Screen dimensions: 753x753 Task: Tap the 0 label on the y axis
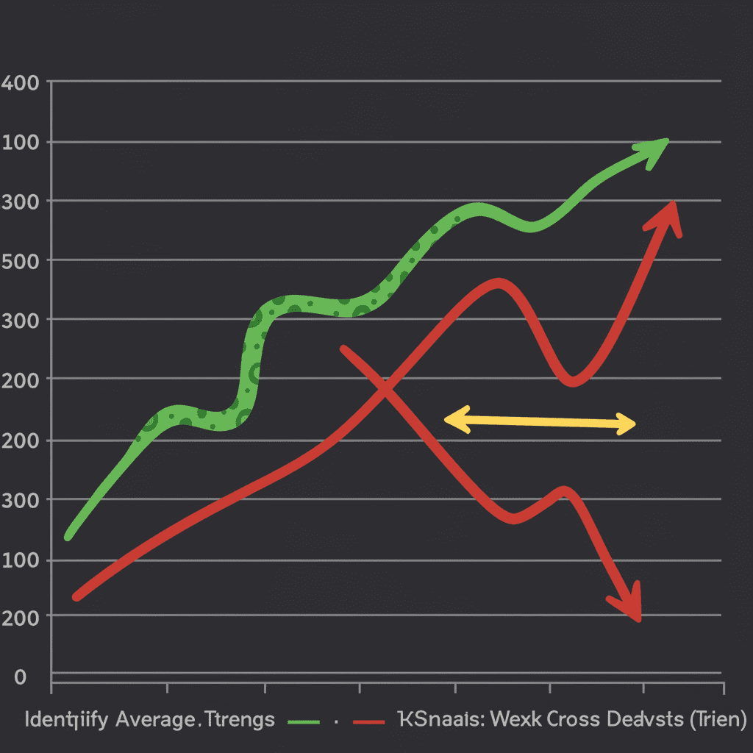[21, 677]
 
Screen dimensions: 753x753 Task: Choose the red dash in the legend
[368, 721]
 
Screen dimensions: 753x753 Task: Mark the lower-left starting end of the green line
[68, 536]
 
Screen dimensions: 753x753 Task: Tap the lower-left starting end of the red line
[76, 596]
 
